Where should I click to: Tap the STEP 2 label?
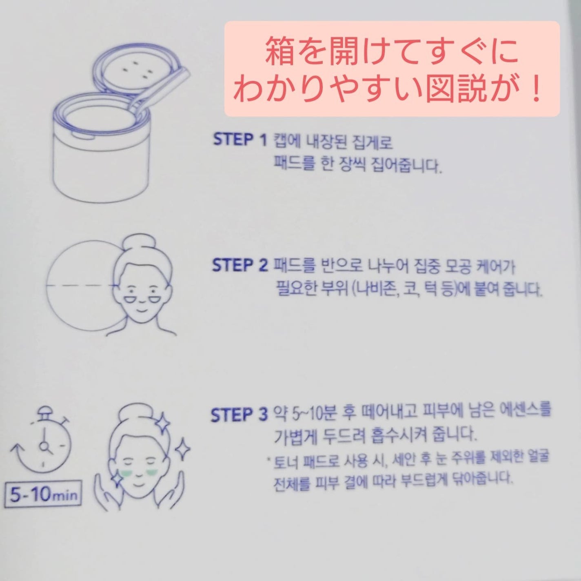coord(239,266)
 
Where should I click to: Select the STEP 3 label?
coord(239,415)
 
